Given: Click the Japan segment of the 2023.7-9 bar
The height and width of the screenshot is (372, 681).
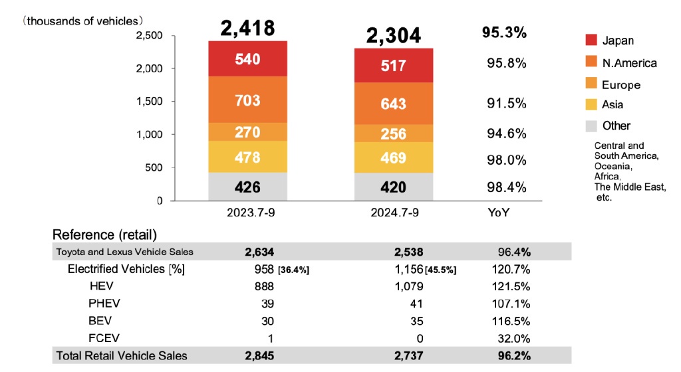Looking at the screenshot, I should tap(247, 59).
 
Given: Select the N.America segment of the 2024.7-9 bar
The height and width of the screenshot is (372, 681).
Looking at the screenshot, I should tap(393, 104).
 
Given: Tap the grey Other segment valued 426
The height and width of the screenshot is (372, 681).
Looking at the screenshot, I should tap(247, 187).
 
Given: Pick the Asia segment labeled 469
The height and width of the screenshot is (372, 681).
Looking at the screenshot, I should tap(393, 158).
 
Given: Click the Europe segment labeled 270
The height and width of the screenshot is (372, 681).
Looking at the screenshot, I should tap(247, 132).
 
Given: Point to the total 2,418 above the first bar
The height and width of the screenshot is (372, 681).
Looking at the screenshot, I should tap(247, 28).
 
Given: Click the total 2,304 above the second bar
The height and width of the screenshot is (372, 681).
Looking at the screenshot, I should tap(393, 35).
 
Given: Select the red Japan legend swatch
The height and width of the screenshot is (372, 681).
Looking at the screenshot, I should tap(589, 41).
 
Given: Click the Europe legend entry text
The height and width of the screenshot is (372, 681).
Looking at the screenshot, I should tap(621, 85).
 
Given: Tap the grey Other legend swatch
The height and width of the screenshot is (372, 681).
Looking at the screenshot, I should tap(589, 126).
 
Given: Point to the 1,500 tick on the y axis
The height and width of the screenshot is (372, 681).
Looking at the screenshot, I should tap(150, 101).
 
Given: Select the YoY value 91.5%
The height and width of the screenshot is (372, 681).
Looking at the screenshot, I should tap(506, 104).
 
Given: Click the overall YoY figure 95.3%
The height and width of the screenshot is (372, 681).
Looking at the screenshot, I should tap(503, 33).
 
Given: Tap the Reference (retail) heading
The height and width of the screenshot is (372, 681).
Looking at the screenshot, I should tap(104, 234).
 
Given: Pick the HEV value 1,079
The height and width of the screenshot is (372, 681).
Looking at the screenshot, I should tap(405, 286).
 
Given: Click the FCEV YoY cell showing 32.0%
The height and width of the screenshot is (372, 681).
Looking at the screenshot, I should tap(514, 338).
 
